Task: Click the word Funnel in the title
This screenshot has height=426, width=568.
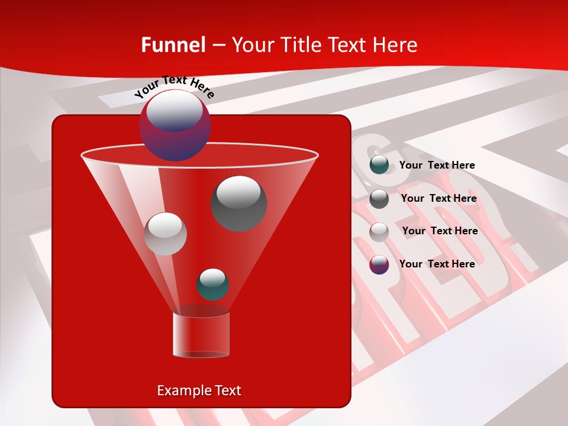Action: tap(173, 45)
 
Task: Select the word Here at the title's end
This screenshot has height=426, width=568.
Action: tap(394, 45)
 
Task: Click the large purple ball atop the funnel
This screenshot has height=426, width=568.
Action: tap(175, 125)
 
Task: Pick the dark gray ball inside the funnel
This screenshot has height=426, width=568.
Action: tap(238, 204)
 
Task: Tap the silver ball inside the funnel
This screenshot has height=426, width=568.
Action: tap(165, 234)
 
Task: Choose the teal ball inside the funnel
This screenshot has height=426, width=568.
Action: tap(212, 285)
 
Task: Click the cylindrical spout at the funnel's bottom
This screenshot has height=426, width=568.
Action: tap(201, 335)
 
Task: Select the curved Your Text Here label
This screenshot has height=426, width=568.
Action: tap(175, 86)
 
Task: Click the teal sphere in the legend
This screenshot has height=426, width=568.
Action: tap(379, 165)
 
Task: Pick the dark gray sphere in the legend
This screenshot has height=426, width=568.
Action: tap(379, 199)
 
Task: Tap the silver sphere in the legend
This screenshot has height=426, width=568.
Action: tap(379, 231)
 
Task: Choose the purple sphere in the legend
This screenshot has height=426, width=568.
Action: tap(379, 264)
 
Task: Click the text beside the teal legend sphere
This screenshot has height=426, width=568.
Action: tap(437, 166)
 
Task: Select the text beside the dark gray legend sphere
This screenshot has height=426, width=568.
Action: tap(438, 199)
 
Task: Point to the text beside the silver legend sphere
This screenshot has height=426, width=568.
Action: tap(440, 231)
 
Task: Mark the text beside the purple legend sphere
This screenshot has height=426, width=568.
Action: tap(437, 264)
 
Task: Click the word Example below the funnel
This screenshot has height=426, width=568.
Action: tap(183, 390)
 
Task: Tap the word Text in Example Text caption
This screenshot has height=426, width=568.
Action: tap(227, 390)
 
